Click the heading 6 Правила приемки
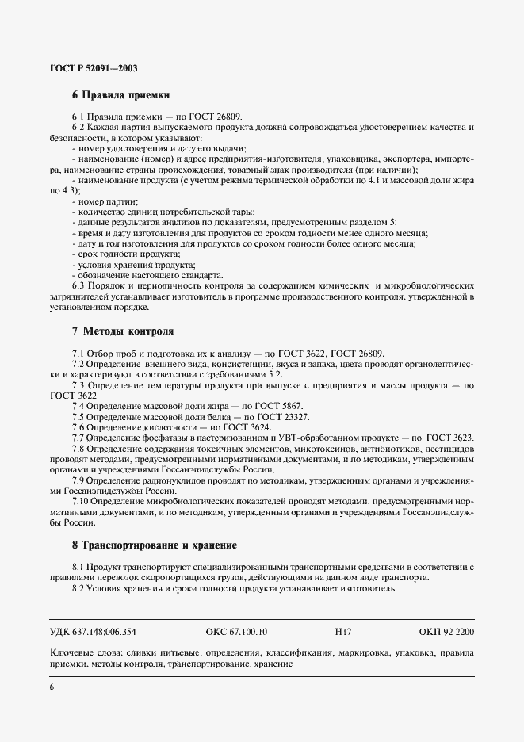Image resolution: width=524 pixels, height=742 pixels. pos(121,95)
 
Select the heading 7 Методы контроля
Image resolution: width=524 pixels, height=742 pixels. pos(123,330)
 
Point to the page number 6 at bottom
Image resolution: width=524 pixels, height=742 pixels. pos(52,687)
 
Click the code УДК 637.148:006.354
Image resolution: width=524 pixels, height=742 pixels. pos(93,632)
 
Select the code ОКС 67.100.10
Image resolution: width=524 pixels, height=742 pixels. pos(236,632)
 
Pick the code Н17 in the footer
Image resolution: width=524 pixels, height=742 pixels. pos(343,632)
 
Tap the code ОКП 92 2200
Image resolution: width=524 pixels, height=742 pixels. pos(446,632)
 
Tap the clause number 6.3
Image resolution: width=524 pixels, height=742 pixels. pos(78,285)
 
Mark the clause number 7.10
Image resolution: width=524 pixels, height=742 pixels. pos(81,502)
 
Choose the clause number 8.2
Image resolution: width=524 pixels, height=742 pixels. pos(78,589)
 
